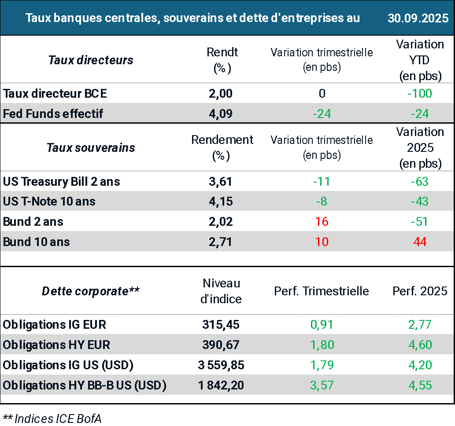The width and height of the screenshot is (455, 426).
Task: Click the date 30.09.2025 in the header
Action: [418, 18]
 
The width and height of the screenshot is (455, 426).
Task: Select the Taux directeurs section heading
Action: [91, 60]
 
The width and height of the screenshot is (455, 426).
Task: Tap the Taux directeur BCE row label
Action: [55, 93]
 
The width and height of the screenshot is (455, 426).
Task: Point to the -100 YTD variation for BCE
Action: [420, 93]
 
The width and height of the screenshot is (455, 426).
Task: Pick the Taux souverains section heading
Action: [91, 147]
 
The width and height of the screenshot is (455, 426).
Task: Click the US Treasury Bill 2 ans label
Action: [62, 181]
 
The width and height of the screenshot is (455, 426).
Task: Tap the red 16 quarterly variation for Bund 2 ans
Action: [322, 221]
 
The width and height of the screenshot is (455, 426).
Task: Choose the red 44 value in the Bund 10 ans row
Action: [420, 242]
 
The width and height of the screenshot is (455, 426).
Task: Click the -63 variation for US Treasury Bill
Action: [420, 181]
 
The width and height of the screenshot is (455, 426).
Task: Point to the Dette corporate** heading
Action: [91, 291]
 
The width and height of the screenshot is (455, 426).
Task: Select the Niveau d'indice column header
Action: [221, 291]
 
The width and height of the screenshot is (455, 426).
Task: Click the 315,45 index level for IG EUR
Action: [221, 325]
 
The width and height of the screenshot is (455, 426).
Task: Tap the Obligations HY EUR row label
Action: [56, 345]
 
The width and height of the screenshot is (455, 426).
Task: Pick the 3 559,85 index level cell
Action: [221, 365]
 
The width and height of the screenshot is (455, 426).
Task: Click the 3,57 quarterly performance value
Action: [322, 386]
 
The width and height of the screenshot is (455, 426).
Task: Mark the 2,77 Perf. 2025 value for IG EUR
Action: [420, 325]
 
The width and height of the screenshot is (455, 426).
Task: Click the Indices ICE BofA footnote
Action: [52, 419]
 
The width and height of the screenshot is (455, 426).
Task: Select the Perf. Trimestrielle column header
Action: [322, 291]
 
